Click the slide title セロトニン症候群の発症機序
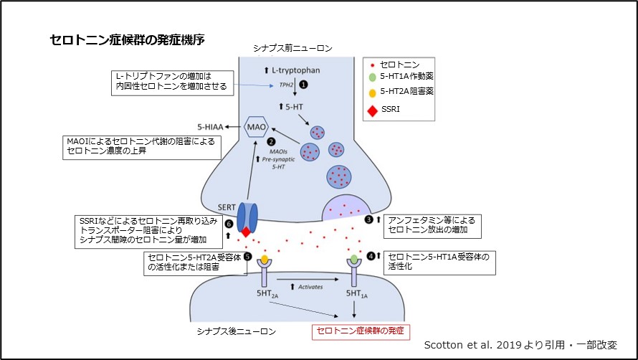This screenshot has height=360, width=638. [x=128, y=40]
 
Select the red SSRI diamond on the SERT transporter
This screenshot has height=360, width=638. [x=246, y=232]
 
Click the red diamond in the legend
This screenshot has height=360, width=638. [x=371, y=111]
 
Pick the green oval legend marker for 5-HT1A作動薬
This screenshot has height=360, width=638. [x=371, y=77]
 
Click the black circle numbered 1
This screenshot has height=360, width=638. [x=303, y=85]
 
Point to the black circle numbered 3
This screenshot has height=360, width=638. [x=369, y=219]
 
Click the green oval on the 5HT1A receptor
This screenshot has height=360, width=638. [x=353, y=258]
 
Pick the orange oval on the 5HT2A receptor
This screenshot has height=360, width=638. [x=265, y=258]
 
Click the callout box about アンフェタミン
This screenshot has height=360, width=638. [x=431, y=225]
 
